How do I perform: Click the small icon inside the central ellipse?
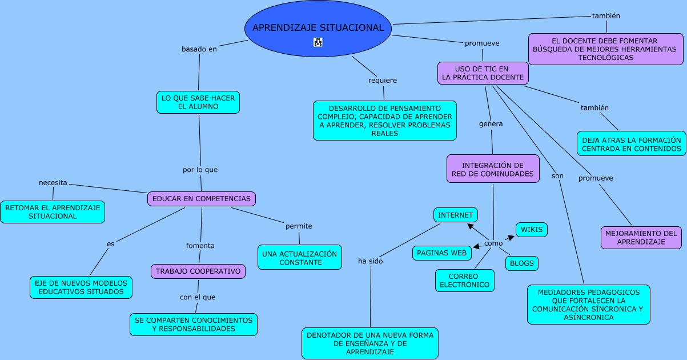pyautogui.click(x=318, y=42)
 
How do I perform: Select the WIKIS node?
pyautogui.click(x=532, y=230)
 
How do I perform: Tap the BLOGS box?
pyautogui.click(x=522, y=263)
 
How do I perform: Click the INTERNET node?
pyautogui.click(x=456, y=215)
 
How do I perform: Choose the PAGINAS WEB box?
pyautogui.click(x=441, y=253)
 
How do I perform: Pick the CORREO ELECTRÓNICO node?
pyautogui.click(x=465, y=281)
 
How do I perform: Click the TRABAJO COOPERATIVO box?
pyautogui.click(x=198, y=271)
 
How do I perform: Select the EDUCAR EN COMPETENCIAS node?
pyautogui.click(x=202, y=198)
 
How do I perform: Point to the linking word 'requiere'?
pyautogui.click(x=383, y=81)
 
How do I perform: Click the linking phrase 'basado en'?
pyautogui.click(x=199, y=49)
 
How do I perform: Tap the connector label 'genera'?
pyautogui.click(x=491, y=124)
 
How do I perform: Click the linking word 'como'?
pyautogui.click(x=493, y=243)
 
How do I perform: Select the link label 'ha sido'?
pyautogui.click(x=371, y=261)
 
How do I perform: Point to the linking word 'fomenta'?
pyautogui.click(x=200, y=246)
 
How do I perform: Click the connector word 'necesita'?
pyautogui.click(x=53, y=183)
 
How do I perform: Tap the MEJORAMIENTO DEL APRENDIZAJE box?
pyautogui.click(x=641, y=238)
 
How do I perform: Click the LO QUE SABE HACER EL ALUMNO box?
pyautogui.click(x=198, y=102)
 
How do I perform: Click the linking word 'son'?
pyautogui.click(x=557, y=176)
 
